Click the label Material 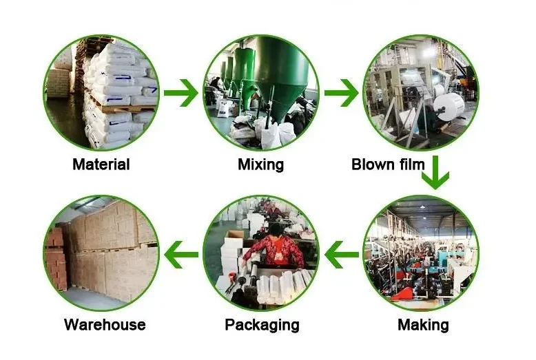tap(101, 165)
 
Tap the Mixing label tap(260, 165)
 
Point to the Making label tap(423, 325)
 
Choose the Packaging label tap(262, 325)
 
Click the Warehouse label tap(105, 325)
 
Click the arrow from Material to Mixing tap(181, 93)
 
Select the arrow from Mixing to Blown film tap(342, 93)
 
